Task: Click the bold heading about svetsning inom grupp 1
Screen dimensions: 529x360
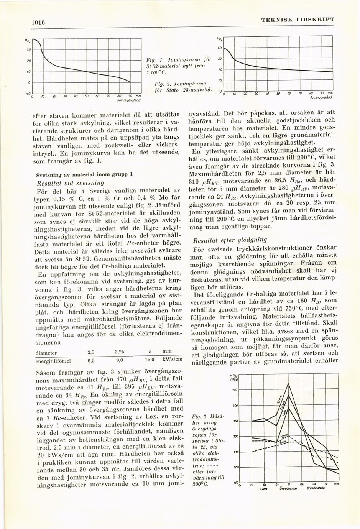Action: [x=84, y=174]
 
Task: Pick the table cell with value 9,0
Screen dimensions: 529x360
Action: [x=119, y=360]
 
